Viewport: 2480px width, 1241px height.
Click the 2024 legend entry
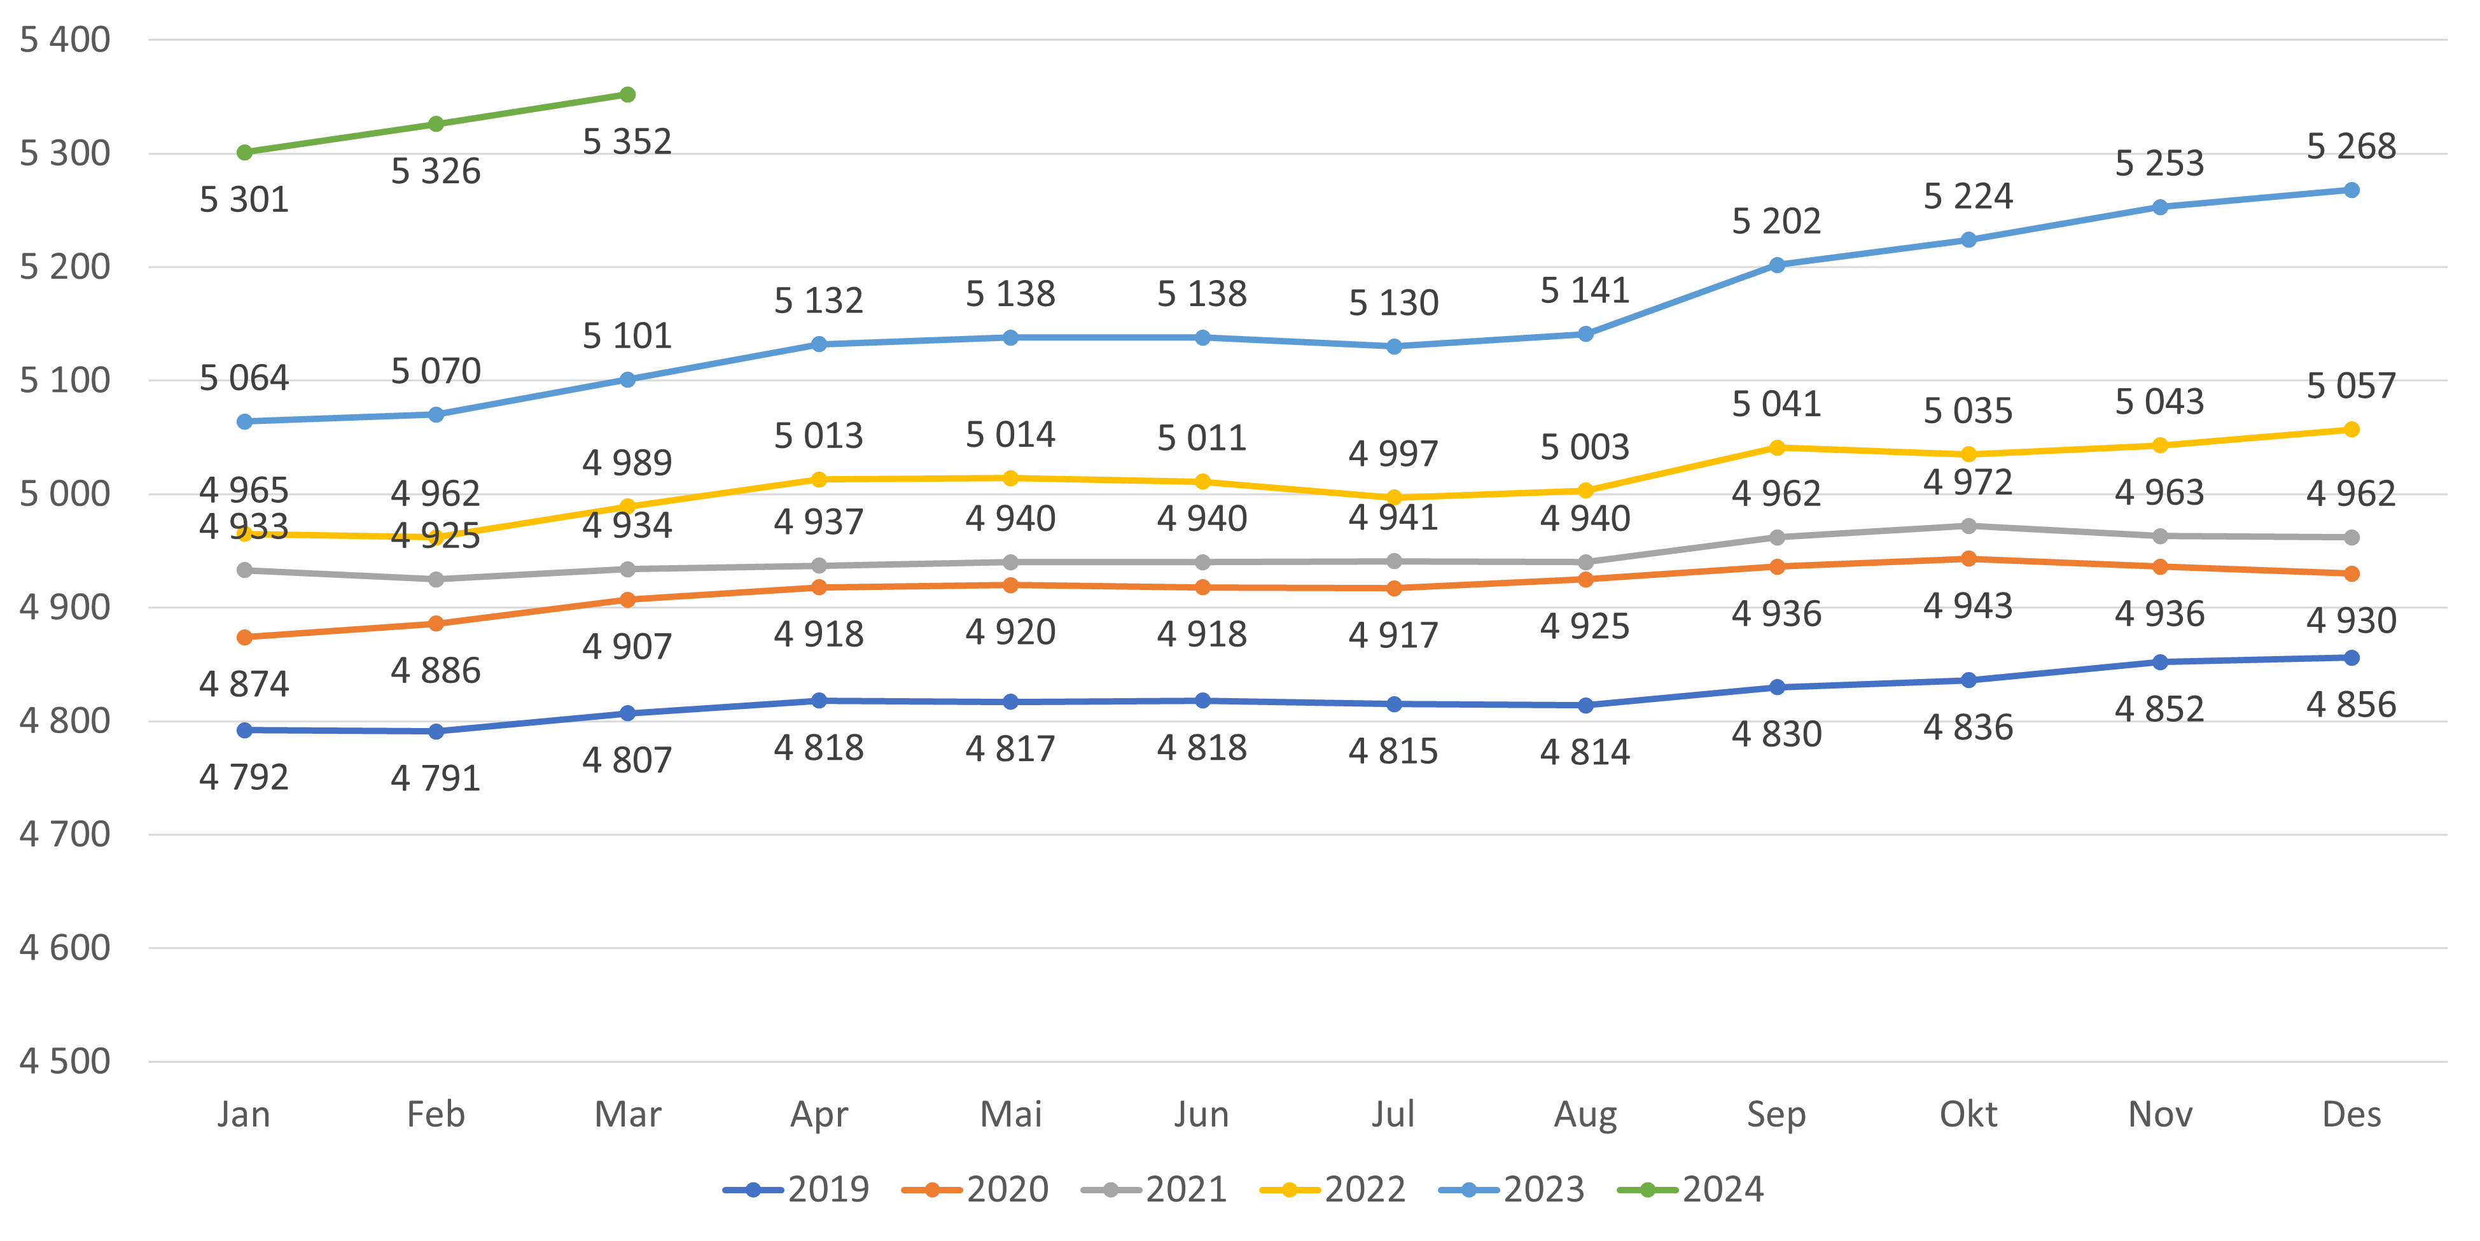[x=1692, y=1190]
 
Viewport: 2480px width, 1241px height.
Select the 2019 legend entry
[x=797, y=1190]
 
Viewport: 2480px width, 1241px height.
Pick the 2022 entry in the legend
[x=1334, y=1190]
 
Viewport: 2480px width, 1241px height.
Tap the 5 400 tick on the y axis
[x=64, y=41]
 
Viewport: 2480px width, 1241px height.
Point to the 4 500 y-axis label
[x=64, y=1061]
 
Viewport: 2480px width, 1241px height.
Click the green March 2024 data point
[x=627, y=94]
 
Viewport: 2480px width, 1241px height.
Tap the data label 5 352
[x=627, y=141]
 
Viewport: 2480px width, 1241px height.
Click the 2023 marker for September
[x=1776, y=265]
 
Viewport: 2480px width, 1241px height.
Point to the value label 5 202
[x=1776, y=221]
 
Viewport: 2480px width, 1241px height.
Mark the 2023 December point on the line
[x=2351, y=190]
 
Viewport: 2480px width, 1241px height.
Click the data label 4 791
[x=435, y=778]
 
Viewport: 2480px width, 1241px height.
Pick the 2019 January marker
[x=244, y=731]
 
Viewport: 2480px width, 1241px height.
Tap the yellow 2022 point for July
[x=1393, y=498]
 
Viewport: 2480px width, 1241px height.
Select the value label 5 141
[x=1585, y=290]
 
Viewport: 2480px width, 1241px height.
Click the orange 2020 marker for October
[x=1968, y=558]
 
